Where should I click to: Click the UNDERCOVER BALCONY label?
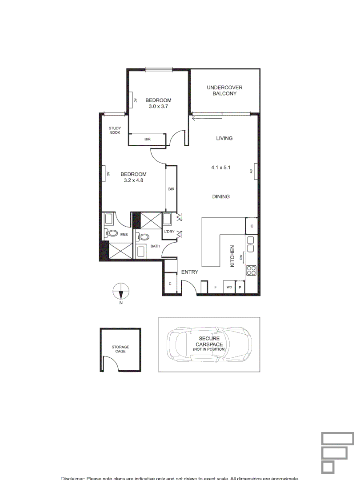click(x=224, y=91)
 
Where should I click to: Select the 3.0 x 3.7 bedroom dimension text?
click(x=158, y=107)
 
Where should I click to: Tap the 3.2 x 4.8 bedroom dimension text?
click(x=133, y=180)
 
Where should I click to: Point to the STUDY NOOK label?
click(x=115, y=130)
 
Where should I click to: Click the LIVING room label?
click(x=224, y=138)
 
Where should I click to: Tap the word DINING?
click(x=221, y=196)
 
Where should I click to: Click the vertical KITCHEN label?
click(x=232, y=256)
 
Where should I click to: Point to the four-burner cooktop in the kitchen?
click(x=251, y=271)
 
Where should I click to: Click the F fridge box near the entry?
click(x=216, y=288)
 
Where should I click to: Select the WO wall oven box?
click(x=229, y=288)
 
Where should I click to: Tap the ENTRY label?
click(x=190, y=272)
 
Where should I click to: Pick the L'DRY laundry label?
click(x=169, y=232)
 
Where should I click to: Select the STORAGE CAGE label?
click(x=120, y=349)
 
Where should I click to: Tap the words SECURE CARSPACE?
click(x=209, y=341)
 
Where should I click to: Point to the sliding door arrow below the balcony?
click(x=195, y=118)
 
